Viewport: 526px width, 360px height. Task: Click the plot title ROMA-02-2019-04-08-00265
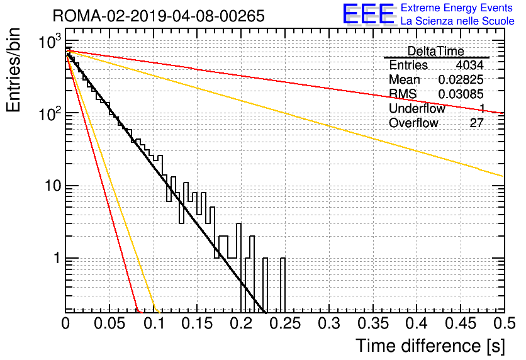(x=159, y=16)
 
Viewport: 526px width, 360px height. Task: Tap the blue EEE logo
(x=369, y=14)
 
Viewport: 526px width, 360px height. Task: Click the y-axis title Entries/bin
(x=13, y=70)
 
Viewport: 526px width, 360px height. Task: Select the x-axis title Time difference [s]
(x=430, y=346)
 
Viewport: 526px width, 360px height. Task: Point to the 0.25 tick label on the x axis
(x=285, y=323)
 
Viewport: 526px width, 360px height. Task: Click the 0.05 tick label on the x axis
(x=109, y=323)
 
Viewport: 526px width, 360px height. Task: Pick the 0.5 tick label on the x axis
(x=503, y=323)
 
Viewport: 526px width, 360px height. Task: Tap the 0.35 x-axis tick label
(x=372, y=323)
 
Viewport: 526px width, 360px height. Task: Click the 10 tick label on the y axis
(x=53, y=185)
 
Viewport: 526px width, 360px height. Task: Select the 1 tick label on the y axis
(x=57, y=258)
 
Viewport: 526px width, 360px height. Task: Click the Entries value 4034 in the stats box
(x=469, y=65)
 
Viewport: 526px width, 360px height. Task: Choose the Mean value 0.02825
(x=461, y=79)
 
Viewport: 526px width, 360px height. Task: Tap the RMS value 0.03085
(x=461, y=94)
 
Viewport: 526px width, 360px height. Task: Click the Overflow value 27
(x=477, y=123)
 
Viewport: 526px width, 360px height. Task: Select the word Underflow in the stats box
(x=417, y=109)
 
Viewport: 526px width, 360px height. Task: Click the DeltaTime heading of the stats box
(x=436, y=52)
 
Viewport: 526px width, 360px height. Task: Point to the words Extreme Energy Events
(x=457, y=8)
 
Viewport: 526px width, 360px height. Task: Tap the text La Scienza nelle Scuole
(x=457, y=21)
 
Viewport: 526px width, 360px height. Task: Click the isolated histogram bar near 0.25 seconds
(x=283, y=285)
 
